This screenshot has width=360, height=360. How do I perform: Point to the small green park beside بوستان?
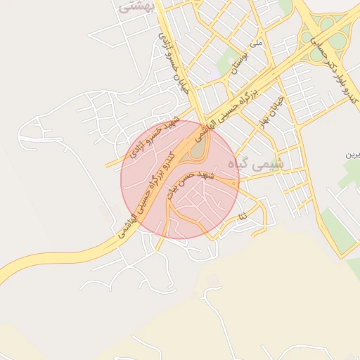[x=228, y=62]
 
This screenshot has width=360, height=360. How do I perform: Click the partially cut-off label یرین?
[x=352, y=154]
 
